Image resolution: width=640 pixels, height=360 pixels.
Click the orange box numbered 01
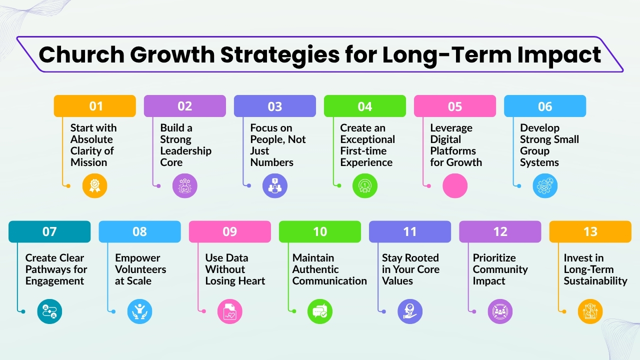click(x=95, y=106)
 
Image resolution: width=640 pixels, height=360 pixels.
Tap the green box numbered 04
click(x=365, y=106)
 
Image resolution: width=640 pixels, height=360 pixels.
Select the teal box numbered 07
click(x=49, y=231)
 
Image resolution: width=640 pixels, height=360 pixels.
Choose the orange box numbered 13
click(x=590, y=231)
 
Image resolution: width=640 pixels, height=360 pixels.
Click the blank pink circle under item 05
click(x=455, y=186)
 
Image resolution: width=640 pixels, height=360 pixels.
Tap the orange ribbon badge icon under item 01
click(x=95, y=186)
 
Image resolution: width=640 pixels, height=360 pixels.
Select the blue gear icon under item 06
click(x=545, y=186)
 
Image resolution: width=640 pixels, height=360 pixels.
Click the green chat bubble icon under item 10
click(x=320, y=311)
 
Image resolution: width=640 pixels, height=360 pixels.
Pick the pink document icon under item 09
click(x=230, y=311)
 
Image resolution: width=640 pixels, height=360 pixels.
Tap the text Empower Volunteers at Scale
click(x=140, y=269)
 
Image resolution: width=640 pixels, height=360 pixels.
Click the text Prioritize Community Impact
click(x=500, y=269)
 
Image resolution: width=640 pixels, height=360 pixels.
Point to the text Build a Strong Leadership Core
click(x=185, y=145)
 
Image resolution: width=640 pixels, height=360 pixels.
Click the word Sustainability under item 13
click(x=595, y=281)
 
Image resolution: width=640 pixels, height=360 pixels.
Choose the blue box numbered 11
click(x=410, y=231)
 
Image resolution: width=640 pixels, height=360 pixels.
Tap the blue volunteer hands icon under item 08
click(x=139, y=311)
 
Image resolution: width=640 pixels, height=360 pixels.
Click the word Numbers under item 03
click(x=271, y=162)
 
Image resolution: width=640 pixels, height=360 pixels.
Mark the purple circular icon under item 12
click(x=500, y=311)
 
